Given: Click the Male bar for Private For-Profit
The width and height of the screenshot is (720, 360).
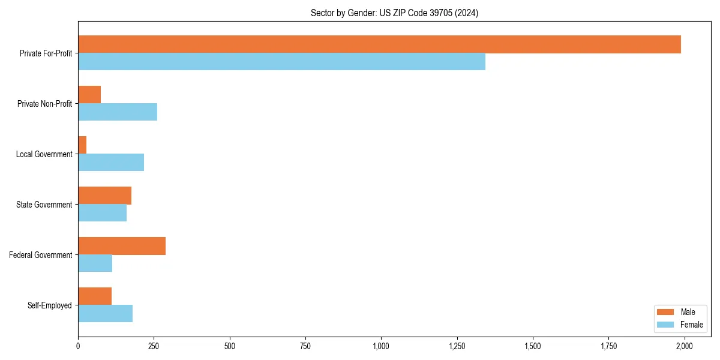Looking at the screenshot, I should (379, 44).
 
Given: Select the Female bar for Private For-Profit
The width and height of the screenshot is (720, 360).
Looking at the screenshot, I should (281, 62).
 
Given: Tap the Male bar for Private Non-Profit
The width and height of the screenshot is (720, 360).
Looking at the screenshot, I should (89, 95).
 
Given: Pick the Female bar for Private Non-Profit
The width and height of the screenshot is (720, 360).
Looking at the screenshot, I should (118, 112).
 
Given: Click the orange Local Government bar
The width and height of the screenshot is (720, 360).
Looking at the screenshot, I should (82, 145).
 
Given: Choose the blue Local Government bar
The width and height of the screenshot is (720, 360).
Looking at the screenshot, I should (111, 163).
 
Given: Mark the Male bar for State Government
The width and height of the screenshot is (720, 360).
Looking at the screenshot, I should (104, 196).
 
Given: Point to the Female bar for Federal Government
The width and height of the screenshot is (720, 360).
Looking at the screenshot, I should (95, 263).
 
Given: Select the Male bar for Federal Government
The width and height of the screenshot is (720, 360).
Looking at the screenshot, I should (122, 246).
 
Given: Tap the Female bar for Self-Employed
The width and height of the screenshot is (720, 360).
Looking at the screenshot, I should (105, 314).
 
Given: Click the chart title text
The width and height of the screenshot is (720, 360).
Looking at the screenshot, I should (394, 13).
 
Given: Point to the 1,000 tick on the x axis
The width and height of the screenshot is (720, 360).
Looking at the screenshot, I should (381, 346).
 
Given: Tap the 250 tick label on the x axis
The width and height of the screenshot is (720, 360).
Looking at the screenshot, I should (154, 346).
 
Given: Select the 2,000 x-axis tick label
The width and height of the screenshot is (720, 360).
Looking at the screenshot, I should (684, 346).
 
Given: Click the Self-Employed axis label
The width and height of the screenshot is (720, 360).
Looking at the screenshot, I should (50, 305).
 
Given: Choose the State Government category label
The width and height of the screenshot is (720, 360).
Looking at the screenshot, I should (44, 205).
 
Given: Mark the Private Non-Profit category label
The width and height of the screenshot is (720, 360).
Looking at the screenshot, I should (44, 104).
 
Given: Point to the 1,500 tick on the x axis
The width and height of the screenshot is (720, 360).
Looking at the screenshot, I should (533, 346).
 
